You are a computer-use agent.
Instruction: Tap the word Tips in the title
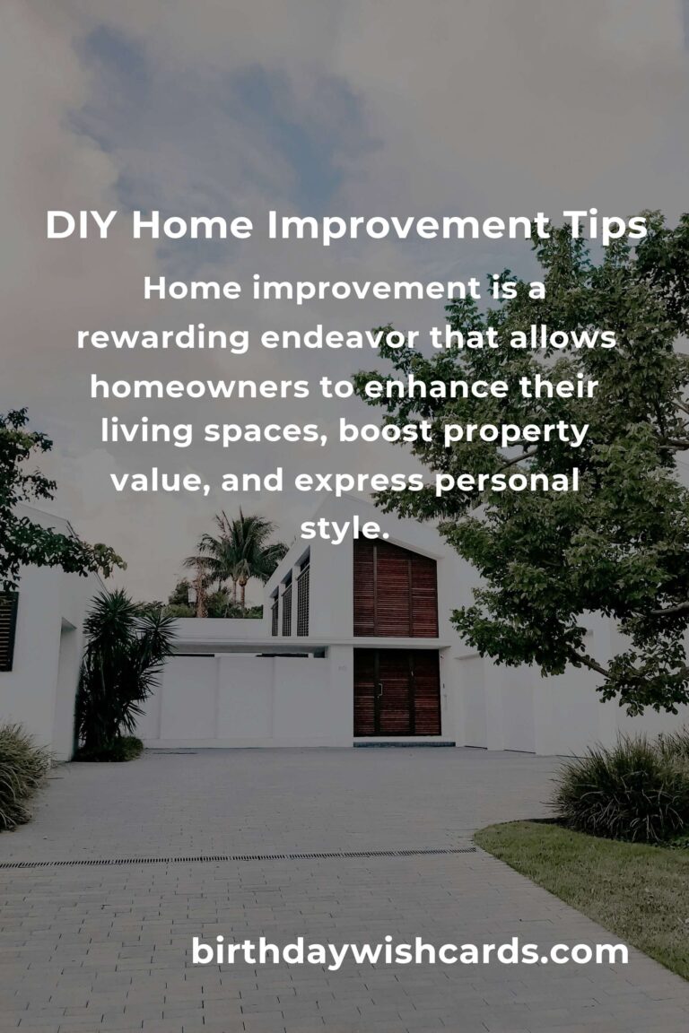[x=603, y=227]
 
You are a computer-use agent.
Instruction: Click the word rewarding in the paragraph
[x=162, y=338]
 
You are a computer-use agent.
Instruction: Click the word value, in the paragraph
[x=159, y=482]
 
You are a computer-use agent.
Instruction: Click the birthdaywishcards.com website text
[x=409, y=952]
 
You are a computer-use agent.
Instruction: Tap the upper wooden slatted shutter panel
[x=395, y=589]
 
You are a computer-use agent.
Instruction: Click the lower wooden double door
[x=396, y=692]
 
